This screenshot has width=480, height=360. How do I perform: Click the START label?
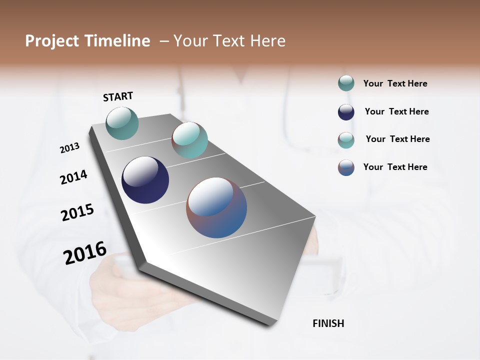tap(118, 96)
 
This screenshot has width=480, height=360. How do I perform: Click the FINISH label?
tap(328, 323)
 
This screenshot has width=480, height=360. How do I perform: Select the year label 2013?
tap(70, 148)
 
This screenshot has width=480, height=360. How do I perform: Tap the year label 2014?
tap(73, 177)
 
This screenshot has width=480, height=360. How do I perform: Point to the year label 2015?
tap(77, 212)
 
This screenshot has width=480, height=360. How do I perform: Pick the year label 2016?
tap(85, 253)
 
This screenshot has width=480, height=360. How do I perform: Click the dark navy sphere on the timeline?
tap(145, 180)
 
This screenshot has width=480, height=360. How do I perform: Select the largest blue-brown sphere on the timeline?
tap(216, 207)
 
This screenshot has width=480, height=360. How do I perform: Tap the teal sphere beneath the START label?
tap(122, 123)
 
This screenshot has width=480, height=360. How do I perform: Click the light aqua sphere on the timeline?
tap(189, 140)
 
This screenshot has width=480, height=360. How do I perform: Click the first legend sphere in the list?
tap(346, 83)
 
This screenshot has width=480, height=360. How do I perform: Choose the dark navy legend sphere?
tap(346, 112)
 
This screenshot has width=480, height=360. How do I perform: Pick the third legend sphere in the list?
tap(346, 140)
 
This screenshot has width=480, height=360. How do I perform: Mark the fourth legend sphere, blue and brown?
tap(346, 167)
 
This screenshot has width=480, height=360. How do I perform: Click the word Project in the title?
tap(52, 41)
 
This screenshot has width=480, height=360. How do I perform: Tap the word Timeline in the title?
tap(116, 41)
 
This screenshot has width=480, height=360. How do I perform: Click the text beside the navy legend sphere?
tap(396, 111)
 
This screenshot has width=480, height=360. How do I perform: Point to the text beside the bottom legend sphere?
tap(395, 167)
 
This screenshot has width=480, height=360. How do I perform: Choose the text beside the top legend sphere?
tap(395, 83)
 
